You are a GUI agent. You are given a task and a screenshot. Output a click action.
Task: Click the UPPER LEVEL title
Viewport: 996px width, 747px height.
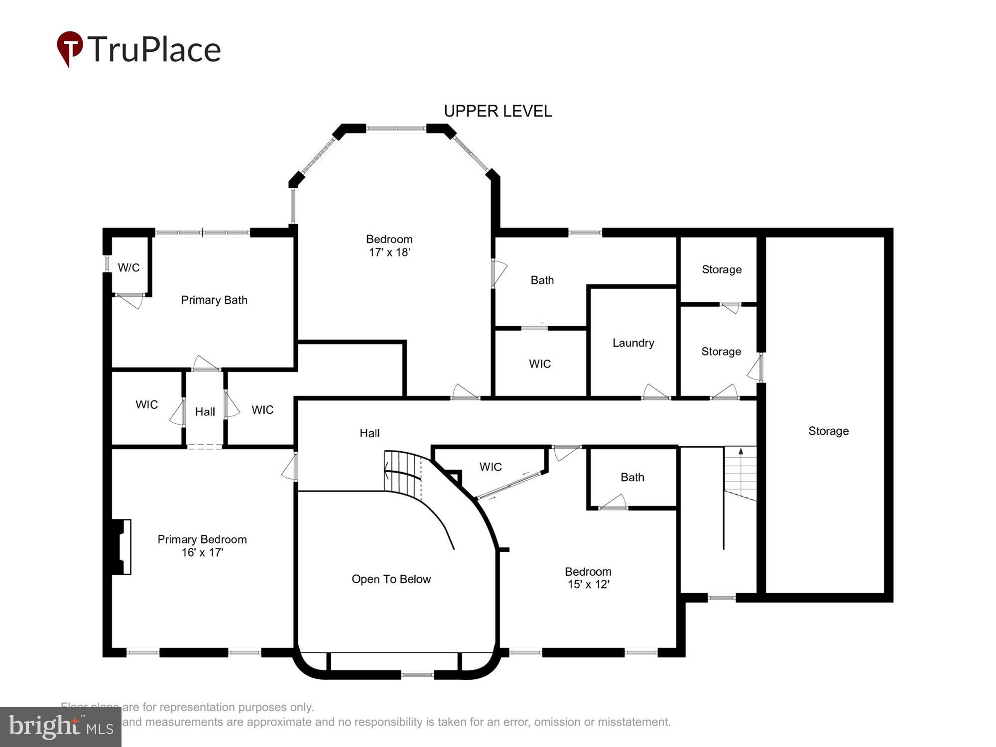[498, 111]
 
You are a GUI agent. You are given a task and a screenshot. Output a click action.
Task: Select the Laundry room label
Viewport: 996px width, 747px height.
[633, 343]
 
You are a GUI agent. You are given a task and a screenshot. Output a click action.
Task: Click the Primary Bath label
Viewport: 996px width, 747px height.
[214, 300]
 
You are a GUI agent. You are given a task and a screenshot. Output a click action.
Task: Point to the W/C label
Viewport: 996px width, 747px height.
[128, 267]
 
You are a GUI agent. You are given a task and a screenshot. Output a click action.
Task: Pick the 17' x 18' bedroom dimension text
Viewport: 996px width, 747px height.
[389, 252]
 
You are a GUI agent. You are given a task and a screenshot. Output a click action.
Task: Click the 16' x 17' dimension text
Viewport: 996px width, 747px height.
[202, 552]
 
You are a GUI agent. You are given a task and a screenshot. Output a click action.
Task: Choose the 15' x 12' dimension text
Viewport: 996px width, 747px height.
[588, 584]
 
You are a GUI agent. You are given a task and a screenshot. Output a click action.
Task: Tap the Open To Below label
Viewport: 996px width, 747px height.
[391, 579]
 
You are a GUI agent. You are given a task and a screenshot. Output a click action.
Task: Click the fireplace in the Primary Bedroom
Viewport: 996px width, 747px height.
[121, 547]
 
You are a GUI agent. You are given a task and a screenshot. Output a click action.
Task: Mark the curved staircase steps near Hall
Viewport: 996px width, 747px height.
[402, 471]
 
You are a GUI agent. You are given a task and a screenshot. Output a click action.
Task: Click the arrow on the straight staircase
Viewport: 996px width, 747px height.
[741, 452]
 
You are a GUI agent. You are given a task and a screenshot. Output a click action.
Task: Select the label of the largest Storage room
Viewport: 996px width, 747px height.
[828, 431]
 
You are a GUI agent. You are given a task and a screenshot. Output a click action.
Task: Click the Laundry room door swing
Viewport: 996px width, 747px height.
[655, 392]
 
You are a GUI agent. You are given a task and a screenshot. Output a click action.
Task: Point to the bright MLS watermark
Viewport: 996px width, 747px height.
[60, 727]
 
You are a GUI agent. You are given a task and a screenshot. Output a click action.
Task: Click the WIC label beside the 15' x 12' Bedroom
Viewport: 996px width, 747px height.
[490, 467]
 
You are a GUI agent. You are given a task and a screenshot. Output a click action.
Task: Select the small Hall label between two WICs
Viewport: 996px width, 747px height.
[205, 411]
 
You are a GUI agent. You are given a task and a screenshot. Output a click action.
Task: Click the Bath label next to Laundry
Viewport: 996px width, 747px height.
[542, 280]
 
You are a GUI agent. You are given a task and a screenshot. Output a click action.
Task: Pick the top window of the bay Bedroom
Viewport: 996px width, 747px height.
[396, 128]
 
